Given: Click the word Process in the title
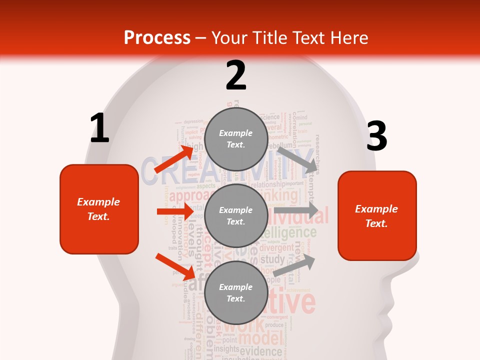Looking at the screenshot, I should pos(157,37).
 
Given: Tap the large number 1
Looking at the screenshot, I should pos(99,128).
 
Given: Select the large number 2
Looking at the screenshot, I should pos(236,75).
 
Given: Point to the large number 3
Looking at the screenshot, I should pos(376,136).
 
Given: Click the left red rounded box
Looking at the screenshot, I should pos(99,209).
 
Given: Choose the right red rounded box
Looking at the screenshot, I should pos(377,216).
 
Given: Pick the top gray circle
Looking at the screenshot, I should pos(236,139).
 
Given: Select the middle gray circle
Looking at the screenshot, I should pos(236,216).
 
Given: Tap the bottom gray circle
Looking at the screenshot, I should pos(236,293).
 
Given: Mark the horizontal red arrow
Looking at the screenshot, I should pos(174,211).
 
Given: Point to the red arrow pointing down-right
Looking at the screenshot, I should pos(175,266).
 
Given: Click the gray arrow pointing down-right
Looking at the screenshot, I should pos(297,159).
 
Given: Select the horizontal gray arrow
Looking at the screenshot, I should pos(296,210).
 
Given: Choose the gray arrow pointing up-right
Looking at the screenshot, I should pos(294,265).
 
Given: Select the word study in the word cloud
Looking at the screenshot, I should pos(272,259).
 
